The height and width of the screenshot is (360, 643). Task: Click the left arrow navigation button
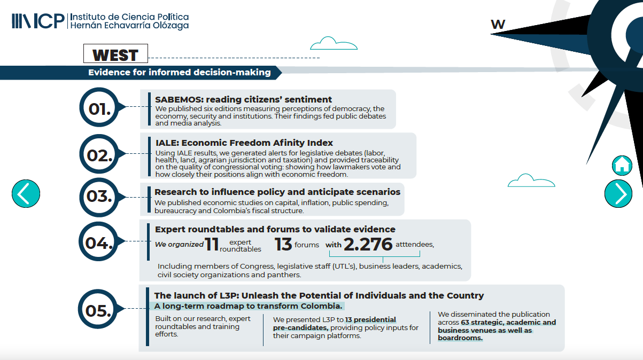pos(26,193)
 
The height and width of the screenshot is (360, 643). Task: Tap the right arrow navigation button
pos(618,193)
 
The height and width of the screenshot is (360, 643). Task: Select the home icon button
pos(622,165)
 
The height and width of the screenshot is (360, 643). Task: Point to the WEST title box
pos(115,54)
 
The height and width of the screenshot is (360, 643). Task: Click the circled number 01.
pos(100,108)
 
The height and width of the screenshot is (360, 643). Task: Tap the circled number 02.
pos(100,155)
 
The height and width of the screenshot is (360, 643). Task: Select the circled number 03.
pos(100,197)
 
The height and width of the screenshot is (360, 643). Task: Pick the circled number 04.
pos(100,243)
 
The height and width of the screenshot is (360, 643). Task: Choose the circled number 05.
pos(100,310)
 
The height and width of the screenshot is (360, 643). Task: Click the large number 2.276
pos(368,244)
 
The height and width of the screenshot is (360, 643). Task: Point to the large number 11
pos(212,245)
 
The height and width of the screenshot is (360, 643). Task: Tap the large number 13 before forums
pos(283,245)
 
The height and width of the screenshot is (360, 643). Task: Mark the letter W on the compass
pos(498,24)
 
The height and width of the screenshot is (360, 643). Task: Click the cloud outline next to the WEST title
pos(326,43)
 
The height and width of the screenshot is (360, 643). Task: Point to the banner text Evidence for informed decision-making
pos(179,72)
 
